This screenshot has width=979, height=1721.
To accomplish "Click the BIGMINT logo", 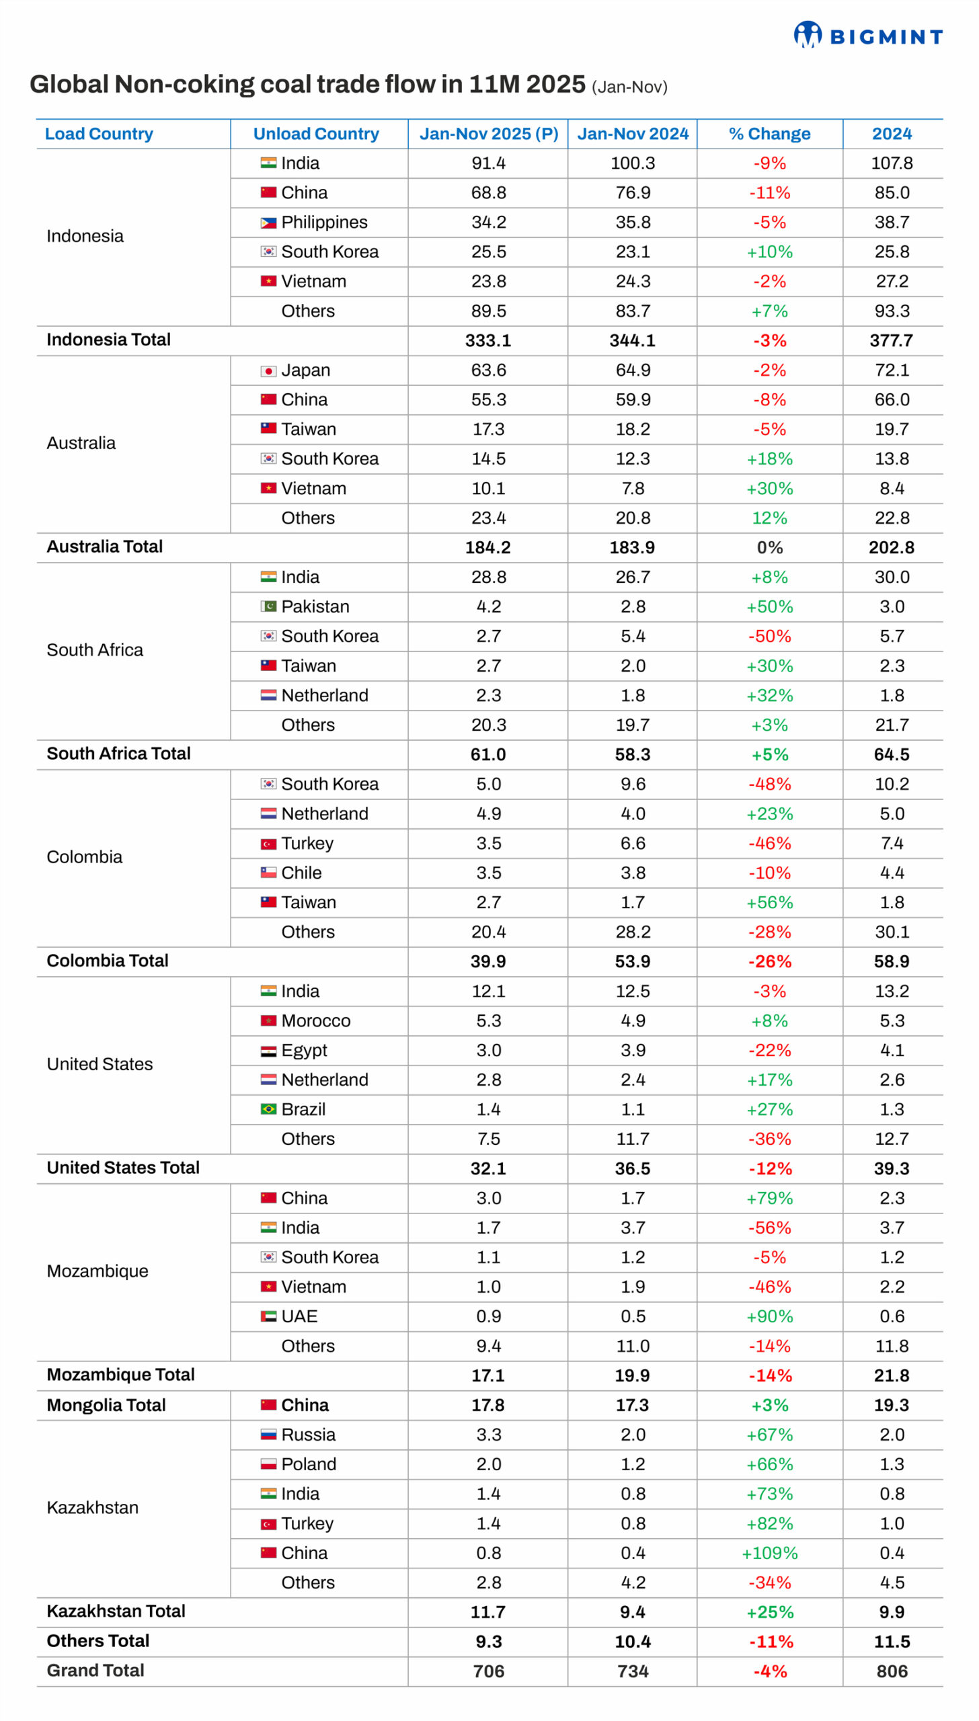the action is click(x=867, y=35).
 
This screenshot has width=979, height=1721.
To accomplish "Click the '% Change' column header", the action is click(x=769, y=134).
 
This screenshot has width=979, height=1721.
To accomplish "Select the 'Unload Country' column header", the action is click(x=316, y=134).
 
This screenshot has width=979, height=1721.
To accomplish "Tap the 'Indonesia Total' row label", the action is click(x=108, y=339).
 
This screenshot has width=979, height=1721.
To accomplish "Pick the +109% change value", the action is click(x=769, y=1552).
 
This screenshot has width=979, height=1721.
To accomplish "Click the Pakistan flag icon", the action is click(x=268, y=606).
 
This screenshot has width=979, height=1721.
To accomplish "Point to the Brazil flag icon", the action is click(x=268, y=1109).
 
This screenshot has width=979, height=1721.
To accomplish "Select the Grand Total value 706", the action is click(x=488, y=1671).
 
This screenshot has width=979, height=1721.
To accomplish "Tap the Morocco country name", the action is click(x=316, y=1020).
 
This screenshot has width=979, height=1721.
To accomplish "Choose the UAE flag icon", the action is click(x=268, y=1316).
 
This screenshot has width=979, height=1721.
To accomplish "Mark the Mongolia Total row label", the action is click(x=106, y=1404).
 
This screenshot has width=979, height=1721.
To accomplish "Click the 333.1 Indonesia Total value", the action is click(x=488, y=340).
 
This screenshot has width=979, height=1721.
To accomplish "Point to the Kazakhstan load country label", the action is click(x=93, y=1507).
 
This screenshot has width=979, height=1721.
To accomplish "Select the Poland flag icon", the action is click(x=268, y=1464).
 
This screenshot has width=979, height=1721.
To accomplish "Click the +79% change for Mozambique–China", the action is click(x=769, y=1198).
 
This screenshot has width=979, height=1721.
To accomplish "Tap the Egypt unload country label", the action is click(x=304, y=1050).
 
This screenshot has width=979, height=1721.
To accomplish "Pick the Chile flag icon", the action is click(x=268, y=872).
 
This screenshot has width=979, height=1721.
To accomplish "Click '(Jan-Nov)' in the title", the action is click(x=629, y=87).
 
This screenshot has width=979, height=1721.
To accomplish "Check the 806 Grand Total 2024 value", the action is click(x=892, y=1671).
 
